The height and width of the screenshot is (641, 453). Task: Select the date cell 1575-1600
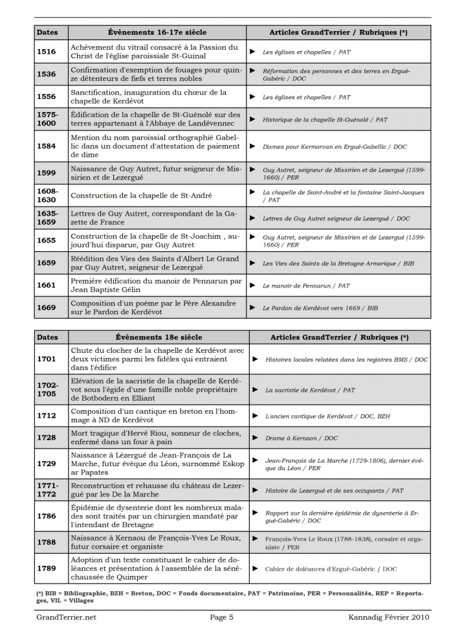click(47, 119)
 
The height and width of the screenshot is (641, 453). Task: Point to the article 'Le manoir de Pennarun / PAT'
click(306, 286)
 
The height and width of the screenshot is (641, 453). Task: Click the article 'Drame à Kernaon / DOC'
click(302, 438)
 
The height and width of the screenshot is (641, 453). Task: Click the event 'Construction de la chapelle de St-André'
click(141, 196)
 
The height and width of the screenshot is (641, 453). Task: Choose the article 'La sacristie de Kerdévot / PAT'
click(310, 390)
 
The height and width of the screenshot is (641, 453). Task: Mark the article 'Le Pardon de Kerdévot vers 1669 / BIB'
click(320, 308)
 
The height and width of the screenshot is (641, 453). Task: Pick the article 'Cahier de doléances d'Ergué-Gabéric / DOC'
click(331, 568)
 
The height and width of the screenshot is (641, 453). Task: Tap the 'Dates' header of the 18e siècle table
click(47, 337)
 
